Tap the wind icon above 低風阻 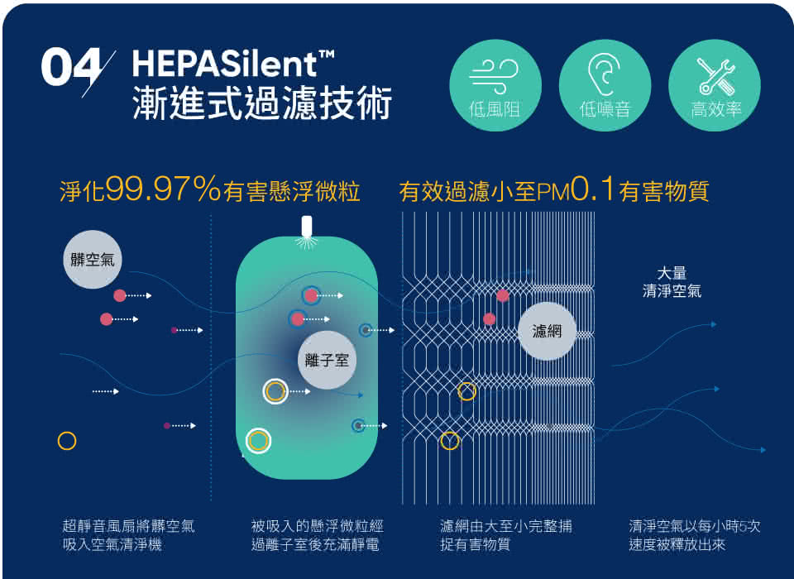(495, 76)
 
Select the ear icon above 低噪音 (604, 75)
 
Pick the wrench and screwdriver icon (715, 76)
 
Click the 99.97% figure (164, 189)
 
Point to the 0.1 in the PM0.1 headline (592, 189)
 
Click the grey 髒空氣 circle (93, 260)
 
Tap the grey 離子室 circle (327, 360)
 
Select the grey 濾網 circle (547, 332)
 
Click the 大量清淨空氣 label (672, 282)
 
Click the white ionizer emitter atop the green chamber (306, 227)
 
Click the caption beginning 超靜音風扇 (129, 535)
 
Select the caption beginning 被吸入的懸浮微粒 (318, 535)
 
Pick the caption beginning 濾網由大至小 (506, 535)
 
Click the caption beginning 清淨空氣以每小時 (695, 535)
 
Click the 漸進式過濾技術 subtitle (262, 103)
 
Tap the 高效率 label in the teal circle (716, 109)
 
